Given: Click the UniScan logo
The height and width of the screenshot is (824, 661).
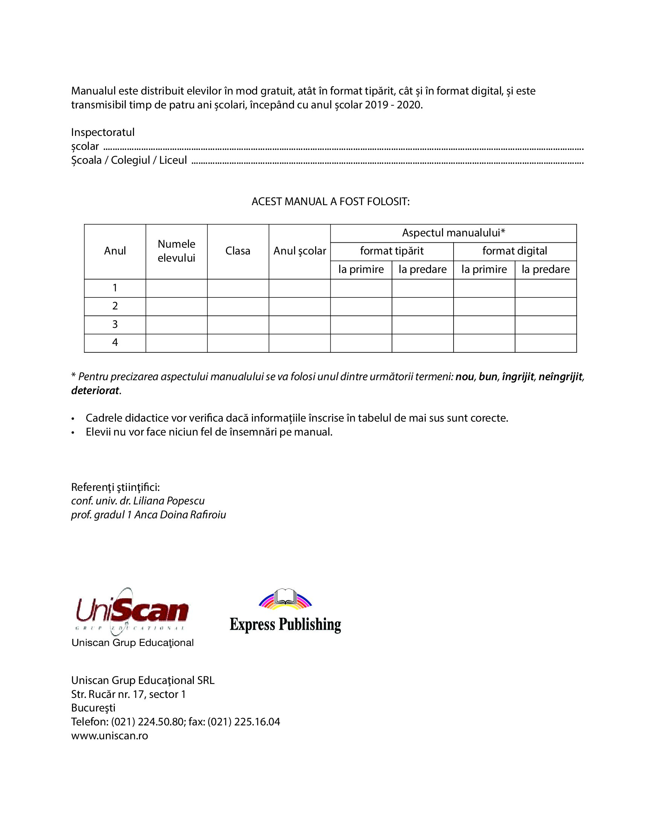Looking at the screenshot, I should [x=132, y=611].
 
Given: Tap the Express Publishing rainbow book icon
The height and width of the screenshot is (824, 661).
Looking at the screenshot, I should [x=285, y=599].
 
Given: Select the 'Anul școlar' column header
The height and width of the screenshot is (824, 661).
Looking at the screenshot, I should [x=300, y=251].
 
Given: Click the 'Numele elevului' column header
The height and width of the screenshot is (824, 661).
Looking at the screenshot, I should [x=177, y=251].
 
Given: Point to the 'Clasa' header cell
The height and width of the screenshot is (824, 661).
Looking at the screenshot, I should [x=238, y=251].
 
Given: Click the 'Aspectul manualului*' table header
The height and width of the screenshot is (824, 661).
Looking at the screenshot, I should [x=453, y=233].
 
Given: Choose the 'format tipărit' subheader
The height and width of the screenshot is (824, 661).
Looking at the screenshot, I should [x=391, y=251].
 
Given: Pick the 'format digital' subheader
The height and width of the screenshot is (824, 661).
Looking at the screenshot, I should [x=515, y=251].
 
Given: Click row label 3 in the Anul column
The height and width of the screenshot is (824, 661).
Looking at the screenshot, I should [x=115, y=324].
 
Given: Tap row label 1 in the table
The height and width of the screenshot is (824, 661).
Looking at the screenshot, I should [x=115, y=288].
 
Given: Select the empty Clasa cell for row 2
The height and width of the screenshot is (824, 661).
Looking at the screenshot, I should [x=238, y=306].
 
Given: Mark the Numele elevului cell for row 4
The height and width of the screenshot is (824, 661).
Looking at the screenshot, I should [x=177, y=343].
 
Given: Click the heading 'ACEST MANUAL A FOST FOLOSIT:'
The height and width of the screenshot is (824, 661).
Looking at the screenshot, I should [x=330, y=202].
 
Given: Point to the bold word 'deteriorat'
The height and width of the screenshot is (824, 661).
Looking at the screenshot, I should [x=95, y=391].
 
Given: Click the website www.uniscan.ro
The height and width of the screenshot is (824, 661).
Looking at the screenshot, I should [x=110, y=736].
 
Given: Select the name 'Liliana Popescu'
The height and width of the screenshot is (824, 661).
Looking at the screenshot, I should [x=169, y=501].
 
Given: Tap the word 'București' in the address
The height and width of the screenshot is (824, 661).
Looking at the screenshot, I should [x=93, y=708].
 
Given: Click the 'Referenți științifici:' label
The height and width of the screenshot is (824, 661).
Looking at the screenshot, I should [x=116, y=487].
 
